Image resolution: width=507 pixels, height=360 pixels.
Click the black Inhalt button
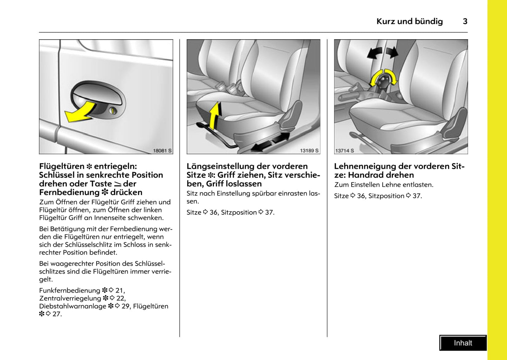(463, 343)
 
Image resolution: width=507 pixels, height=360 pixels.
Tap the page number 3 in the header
(465, 21)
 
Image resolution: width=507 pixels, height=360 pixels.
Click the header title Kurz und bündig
(409, 21)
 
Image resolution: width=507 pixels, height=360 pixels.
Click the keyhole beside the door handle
(113, 111)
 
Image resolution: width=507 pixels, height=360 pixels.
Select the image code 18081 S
(162, 151)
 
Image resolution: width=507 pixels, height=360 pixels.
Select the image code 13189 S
(309, 151)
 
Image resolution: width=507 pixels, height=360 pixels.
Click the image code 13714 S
(345, 151)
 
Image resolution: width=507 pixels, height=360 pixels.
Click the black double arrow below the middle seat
(271, 142)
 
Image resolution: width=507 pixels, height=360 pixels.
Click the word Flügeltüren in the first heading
(62, 166)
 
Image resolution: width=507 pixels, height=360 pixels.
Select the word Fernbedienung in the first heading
(65, 192)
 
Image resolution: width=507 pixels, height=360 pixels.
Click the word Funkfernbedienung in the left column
(69, 291)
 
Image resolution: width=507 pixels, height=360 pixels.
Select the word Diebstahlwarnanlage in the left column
(73, 306)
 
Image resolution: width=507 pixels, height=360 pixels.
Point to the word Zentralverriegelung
(70, 298)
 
